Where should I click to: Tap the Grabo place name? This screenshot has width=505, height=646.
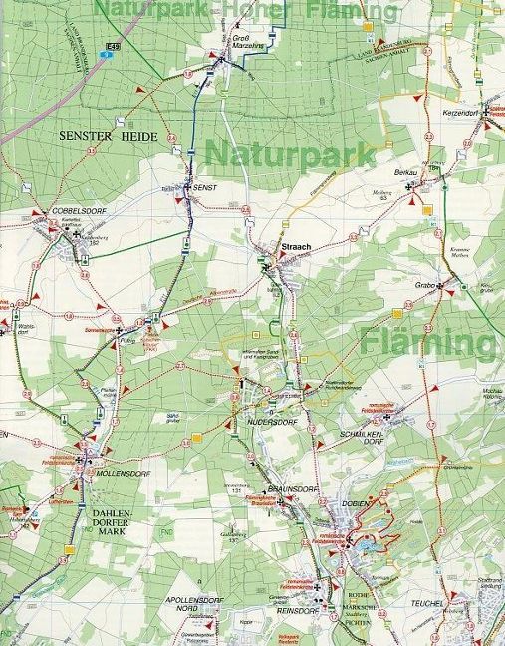(x=425, y=286)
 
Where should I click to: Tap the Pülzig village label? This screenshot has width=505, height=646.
(x=126, y=340)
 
